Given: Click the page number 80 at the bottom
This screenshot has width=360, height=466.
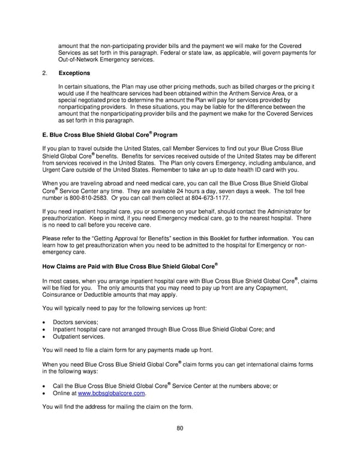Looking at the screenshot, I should pyautogui.click(x=180, y=429).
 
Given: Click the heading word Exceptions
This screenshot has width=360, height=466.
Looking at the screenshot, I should pyautogui.click(x=74, y=73).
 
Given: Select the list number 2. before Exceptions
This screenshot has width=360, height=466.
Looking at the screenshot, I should pyautogui.click(x=46, y=73).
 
